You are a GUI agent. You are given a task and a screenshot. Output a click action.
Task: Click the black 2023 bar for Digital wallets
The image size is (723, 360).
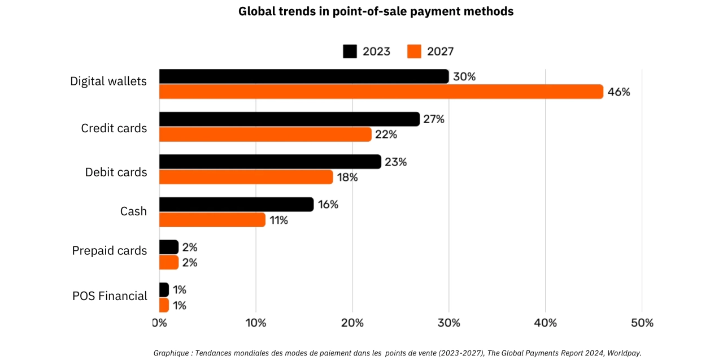click(x=304, y=76)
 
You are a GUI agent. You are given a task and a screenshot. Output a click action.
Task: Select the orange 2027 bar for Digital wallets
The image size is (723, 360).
click(x=381, y=92)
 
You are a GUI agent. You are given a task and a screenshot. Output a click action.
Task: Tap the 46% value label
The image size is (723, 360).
click(x=619, y=92)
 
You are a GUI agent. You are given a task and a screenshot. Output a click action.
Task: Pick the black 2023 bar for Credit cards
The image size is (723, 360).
click(x=289, y=119)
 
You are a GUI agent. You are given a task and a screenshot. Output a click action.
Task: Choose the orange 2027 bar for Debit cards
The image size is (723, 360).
click(x=246, y=177)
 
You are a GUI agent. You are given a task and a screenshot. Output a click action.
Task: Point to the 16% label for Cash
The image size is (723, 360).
click(x=328, y=205)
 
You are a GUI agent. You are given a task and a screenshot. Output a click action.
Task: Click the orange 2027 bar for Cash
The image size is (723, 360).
click(x=212, y=220)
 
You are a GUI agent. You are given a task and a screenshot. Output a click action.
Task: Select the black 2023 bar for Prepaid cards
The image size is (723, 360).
click(x=169, y=247)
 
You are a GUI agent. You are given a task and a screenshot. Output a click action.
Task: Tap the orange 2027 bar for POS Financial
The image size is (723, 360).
click(x=164, y=305)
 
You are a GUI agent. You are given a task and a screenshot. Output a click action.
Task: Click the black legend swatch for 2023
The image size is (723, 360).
click(x=350, y=51)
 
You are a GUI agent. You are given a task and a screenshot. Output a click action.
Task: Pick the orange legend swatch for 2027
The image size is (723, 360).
click(x=414, y=51)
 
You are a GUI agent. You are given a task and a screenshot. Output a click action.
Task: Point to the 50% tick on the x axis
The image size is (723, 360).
click(x=642, y=323)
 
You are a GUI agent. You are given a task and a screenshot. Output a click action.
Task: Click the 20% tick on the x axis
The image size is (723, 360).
click(x=352, y=323)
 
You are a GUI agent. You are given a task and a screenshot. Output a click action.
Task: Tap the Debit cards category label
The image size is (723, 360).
click(x=116, y=172)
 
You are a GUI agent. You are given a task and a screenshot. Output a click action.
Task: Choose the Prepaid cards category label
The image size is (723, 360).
click(x=110, y=250)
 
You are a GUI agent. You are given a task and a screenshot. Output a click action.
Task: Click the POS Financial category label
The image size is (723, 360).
click(x=110, y=296)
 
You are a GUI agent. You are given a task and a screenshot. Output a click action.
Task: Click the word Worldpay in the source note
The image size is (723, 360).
click(x=625, y=353)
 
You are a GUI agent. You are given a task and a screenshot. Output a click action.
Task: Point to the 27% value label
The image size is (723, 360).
click(x=434, y=119)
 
